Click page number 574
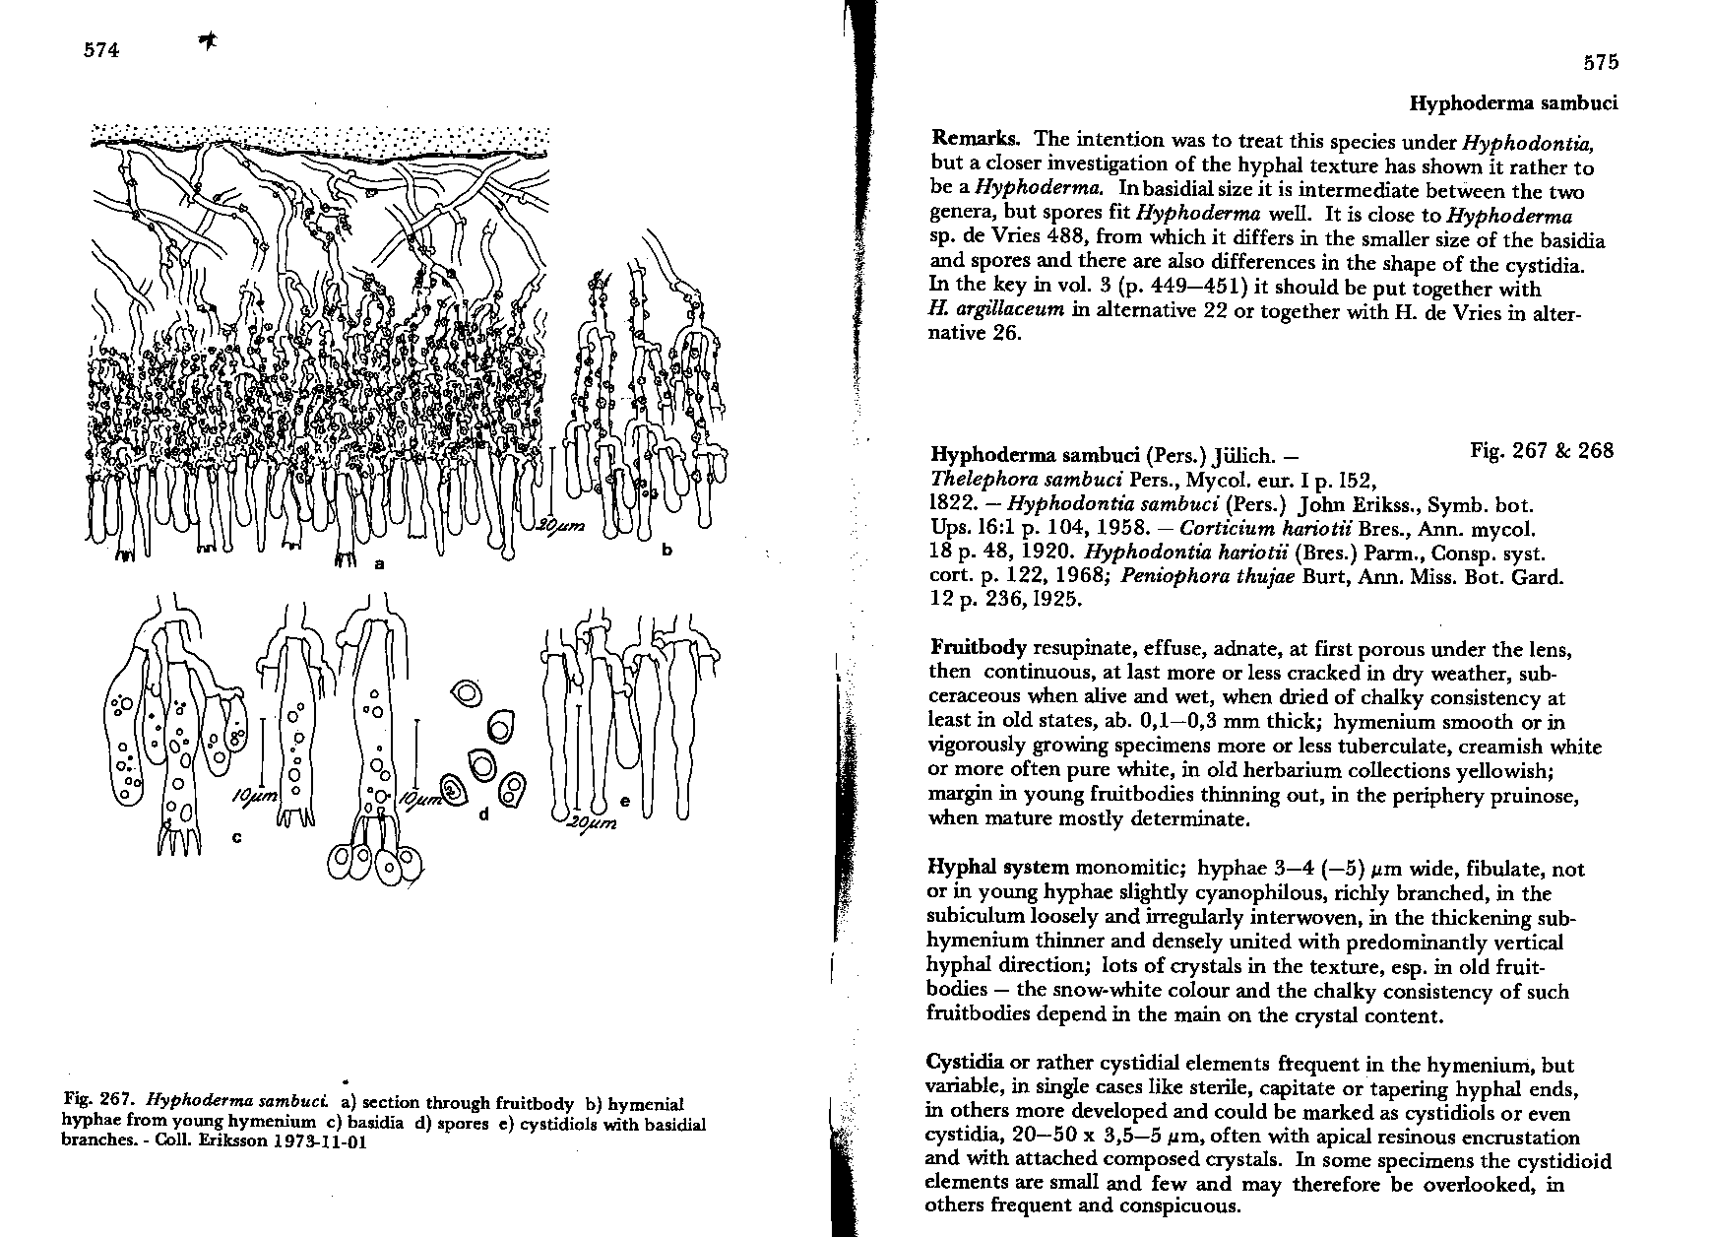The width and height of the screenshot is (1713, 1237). pos(101,50)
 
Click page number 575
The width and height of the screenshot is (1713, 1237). pos(1600,63)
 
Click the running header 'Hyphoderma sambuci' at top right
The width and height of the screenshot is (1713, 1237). pos(1513,103)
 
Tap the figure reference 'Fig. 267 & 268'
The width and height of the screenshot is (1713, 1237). pos(1541,451)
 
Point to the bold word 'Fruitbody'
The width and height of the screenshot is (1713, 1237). pos(978,649)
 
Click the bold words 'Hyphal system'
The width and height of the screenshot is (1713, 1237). pos(998,869)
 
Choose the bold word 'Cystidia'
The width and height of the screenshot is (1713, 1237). pos(965,1064)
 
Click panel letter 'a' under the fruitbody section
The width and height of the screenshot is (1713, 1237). pos(379,564)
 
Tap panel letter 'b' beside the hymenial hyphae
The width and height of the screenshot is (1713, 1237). pos(666,550)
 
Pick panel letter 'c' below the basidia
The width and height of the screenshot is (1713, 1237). pos(235,837)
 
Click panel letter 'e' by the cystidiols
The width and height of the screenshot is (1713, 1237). pos(624,804)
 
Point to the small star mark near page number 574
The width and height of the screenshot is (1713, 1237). pos(208,39)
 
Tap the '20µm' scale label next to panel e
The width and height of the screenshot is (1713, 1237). pos(591,823)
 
